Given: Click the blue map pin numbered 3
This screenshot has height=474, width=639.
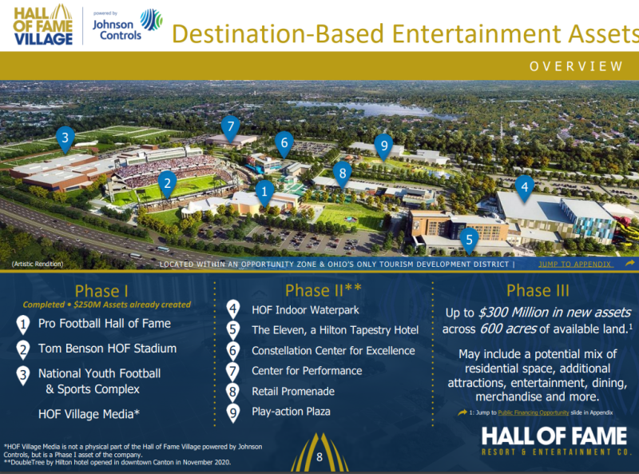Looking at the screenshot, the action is (x=65, y=139).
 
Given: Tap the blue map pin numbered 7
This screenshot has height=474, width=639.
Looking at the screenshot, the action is (x=231, y=128).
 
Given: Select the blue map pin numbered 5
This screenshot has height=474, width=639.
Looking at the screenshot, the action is (x=469, y=241).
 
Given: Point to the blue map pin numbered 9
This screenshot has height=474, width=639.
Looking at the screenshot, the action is (x=384, y=146).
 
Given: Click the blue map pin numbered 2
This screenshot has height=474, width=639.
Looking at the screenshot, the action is (x=167, y=184).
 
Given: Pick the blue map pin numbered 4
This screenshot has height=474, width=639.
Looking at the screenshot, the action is (x=525, y=188).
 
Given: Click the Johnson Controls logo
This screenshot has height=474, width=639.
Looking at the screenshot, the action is (x=127, y=26).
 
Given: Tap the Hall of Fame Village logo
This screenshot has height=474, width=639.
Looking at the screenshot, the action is (x=43, y=26).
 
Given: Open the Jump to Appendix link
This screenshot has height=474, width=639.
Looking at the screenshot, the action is (x=574, y=265).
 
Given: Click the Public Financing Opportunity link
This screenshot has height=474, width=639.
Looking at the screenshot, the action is (x=533, y=412).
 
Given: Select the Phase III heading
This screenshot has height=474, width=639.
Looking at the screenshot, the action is (x=538, y=290).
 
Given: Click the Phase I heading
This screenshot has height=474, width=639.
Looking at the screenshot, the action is (x=101, y=291).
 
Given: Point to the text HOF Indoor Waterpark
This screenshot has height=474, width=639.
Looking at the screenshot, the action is (x=305, y=310).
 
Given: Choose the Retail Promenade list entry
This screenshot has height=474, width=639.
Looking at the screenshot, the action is (x=293, y=392).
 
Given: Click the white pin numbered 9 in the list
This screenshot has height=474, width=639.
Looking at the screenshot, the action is (x=232, y=413).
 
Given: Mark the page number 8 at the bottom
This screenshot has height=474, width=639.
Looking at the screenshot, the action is (x=319, y=457).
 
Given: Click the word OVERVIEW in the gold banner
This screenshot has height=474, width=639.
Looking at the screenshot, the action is (x=576, y=66).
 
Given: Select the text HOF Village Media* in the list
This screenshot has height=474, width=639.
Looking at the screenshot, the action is (x=89, y=414).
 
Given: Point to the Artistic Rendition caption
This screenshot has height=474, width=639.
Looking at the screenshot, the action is (x=38, y=264).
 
